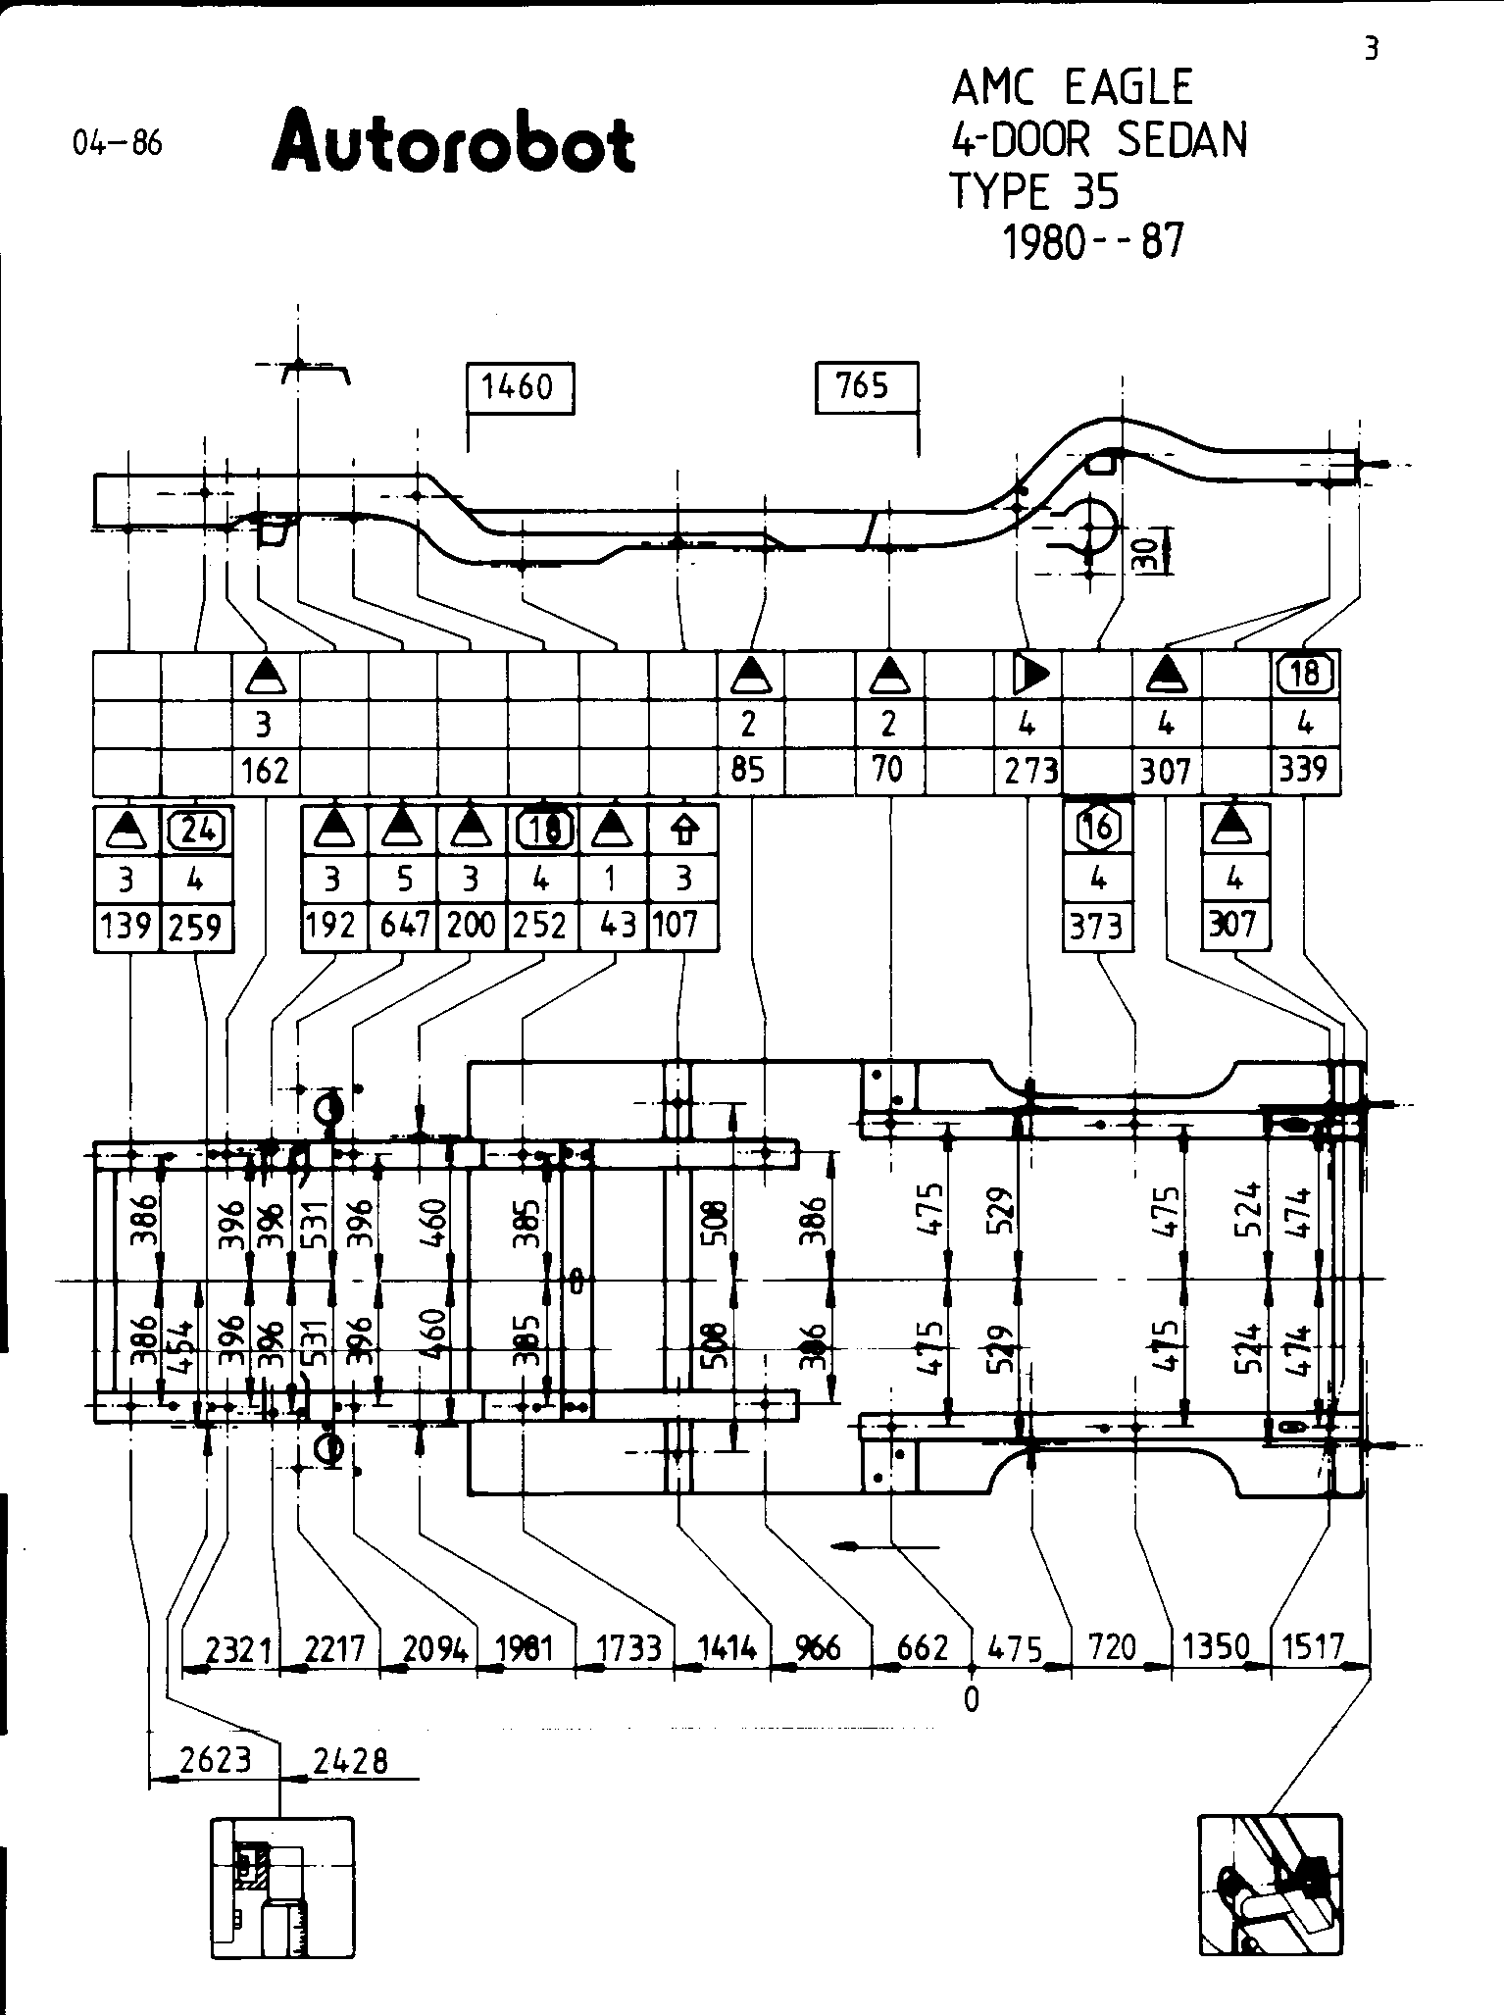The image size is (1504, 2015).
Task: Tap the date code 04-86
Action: (118, 144)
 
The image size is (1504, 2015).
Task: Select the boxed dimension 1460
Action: (519, 387)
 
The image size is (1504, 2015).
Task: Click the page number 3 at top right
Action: (1372, 49)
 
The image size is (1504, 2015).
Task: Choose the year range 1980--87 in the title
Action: (1093, 240)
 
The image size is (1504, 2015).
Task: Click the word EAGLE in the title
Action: (1128, 88)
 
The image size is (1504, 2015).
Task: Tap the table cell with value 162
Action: (266, 771)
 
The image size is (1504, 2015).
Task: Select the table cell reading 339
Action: (1305, 769)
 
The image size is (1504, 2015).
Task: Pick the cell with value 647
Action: (402, 926)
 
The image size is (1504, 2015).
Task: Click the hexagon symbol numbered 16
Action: (1097, 828)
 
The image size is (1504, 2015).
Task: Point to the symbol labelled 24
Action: (197, 831)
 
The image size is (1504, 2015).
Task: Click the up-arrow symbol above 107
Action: (683, 831)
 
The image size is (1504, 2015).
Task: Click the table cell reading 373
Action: (1097, 925)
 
